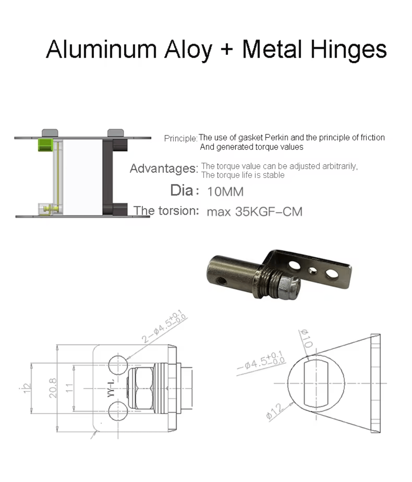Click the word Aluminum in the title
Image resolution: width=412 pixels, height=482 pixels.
click(x=101, y=49)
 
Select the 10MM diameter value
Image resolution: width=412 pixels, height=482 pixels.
click(x=225, y=192)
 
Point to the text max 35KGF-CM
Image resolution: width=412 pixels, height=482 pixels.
click(x=255, y=211)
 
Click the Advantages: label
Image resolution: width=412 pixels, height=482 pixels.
click(x=164, y=168)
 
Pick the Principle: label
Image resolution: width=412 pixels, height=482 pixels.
click(x=180, y=138)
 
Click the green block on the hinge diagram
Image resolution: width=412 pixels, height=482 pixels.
click(x=45, y=145)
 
